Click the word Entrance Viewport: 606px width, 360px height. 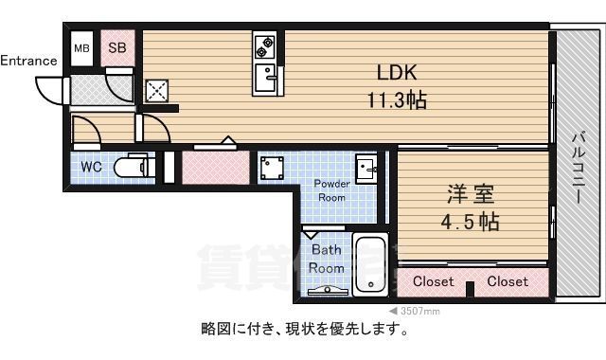(28, 61)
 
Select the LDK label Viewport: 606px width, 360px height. (397, 73)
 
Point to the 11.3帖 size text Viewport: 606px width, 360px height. (397, 99)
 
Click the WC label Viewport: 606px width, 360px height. (92, 167)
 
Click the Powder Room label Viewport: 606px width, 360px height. (332, 189)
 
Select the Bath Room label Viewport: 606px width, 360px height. (327, 259)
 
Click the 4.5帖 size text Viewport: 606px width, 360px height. (470, 223)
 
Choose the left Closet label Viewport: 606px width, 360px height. (434, 281)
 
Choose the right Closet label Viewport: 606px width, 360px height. (508, 281)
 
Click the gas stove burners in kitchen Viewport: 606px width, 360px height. (264, 45)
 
